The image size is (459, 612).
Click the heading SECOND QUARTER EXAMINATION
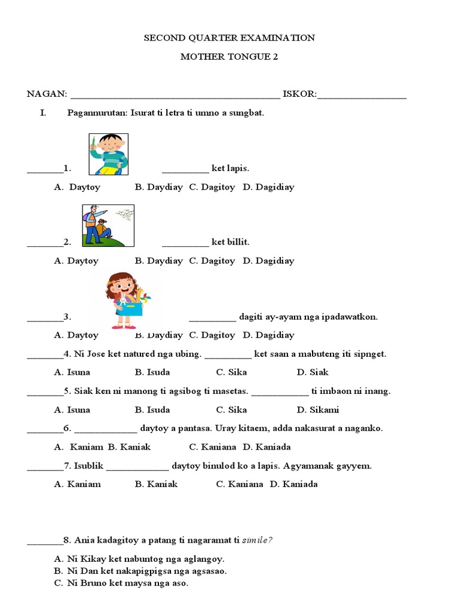(x=229, y=38)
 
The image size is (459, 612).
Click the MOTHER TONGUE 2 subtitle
(x=229, y=57)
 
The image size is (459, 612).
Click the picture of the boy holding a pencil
(x=108, y=154)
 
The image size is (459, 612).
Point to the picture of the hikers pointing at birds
(x=108, y=225)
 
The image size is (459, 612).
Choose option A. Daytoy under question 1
(x=78, y=187)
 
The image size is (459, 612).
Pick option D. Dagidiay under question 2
(x=268, y=261)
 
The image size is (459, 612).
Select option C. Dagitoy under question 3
(x=212, y=335)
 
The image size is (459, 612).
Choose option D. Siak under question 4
(x=313, y=372)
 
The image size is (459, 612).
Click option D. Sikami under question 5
(x=317, y=410)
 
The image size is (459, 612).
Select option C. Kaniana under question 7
(x=239, y=484)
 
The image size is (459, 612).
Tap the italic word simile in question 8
(x=257, y=541)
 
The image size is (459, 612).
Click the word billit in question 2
(x=237, y=242)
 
